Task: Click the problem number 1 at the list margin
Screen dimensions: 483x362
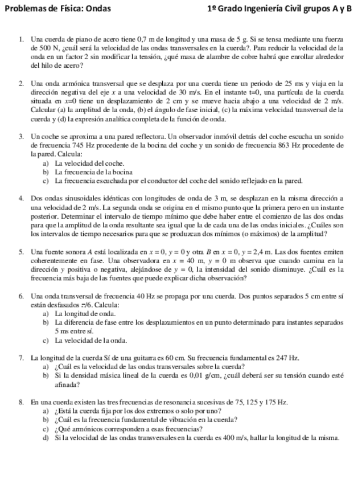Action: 20,38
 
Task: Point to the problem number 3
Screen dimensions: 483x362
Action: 20,137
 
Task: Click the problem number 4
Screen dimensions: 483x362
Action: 20,198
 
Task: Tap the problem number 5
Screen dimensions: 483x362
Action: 20,251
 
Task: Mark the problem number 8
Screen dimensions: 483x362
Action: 20,402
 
